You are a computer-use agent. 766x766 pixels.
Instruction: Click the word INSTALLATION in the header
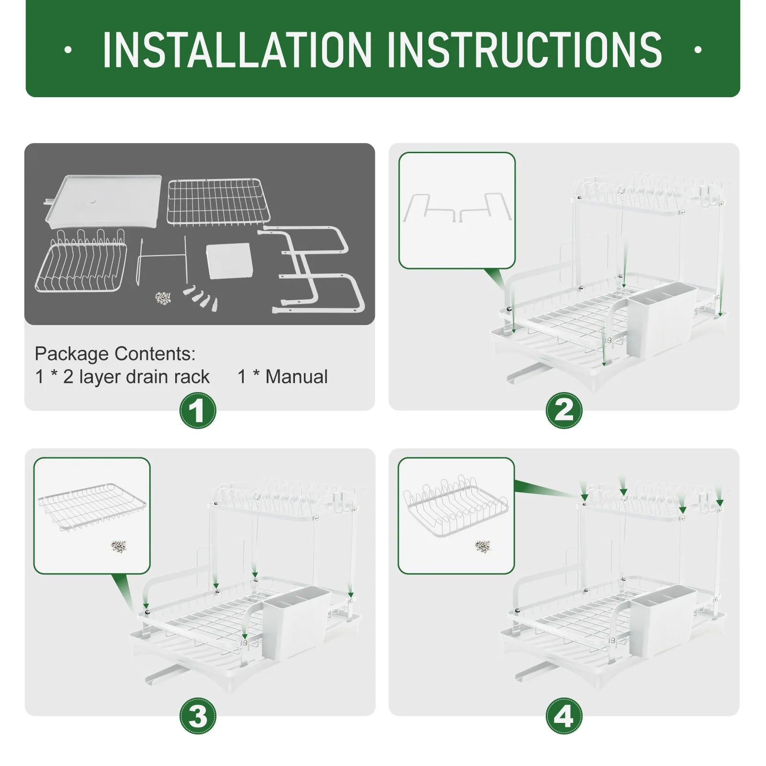point(237,50)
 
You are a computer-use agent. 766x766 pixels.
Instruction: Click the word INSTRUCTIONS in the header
point(525,50)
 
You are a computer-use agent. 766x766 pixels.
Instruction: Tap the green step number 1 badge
point(198,411)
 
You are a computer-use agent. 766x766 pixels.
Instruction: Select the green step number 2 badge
point(564,411)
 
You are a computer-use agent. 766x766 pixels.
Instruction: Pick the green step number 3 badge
point(198,716)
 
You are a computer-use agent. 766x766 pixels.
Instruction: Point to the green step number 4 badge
point(564,716)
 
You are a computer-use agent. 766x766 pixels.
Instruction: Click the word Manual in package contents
point(297,377)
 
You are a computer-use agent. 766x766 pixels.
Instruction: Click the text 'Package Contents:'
point(115,354)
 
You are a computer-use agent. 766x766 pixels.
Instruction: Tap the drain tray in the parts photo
point(102,201)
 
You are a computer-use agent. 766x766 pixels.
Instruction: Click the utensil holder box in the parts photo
point(229,260)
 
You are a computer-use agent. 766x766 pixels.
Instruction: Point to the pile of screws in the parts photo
point(164,298)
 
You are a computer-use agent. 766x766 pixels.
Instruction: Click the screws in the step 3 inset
point(118,546)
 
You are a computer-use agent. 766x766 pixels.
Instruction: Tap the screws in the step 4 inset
point(483,546)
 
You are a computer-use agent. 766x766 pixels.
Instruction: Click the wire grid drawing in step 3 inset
point(92,506)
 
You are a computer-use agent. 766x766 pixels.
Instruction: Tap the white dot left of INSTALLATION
point(68,50)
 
